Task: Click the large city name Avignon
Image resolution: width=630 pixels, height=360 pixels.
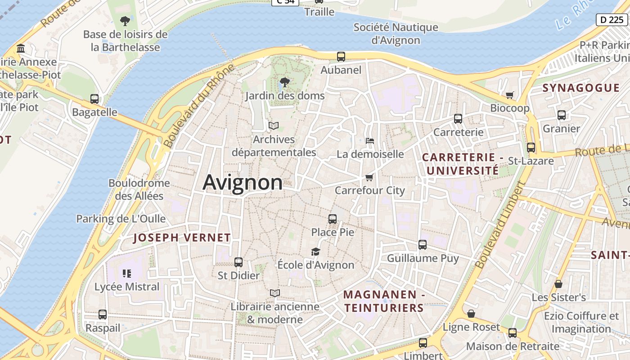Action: pos(243,182)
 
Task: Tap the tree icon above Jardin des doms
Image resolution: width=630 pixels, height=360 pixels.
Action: pos(284,82)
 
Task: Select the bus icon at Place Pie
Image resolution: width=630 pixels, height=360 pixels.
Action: pos(333,219)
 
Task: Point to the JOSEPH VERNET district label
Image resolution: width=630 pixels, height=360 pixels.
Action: pos(182,238)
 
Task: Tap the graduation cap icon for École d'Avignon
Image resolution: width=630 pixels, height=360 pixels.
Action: pos(316,252)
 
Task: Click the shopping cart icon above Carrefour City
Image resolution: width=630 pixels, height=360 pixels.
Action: pos(369,177)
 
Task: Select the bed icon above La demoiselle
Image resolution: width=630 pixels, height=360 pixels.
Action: pos(370,141)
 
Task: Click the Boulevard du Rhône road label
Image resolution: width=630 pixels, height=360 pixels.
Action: pos(199,106)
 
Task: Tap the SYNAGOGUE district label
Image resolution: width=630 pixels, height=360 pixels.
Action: pos(581,88)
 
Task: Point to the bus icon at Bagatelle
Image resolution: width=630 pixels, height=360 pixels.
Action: pos(94,99)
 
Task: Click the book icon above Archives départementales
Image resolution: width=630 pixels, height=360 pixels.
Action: pos(274,126)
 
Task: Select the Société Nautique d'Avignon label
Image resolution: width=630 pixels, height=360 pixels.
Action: pos(396,34)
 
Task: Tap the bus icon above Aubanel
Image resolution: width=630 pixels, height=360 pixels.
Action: pos(341,57)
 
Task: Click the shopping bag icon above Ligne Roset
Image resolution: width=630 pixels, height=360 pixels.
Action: pos(471,314)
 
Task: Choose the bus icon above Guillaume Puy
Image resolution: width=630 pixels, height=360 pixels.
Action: pos(423,245)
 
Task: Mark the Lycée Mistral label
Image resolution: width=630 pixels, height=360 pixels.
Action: pos(127,287)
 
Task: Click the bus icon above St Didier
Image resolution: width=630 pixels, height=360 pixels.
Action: pos(238,262)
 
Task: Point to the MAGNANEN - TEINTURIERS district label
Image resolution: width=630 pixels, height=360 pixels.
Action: pos(384,301)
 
